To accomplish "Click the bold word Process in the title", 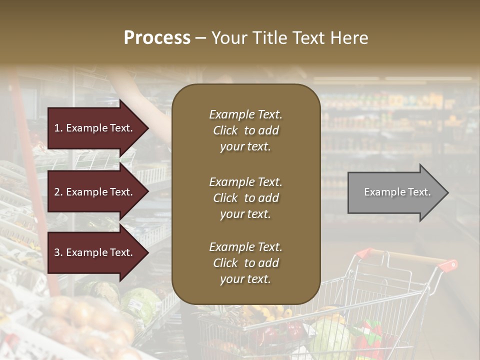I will pyautogui.click(x=157, y=38).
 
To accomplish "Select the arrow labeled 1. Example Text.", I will pyautogui.click(x=97, y=128).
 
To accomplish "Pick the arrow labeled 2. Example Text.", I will pyautogui.click(x=97, y=192).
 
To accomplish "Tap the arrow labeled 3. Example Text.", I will pyautogui.click(x=97, y=252).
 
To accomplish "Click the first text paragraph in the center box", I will pyautogui.click(x=245, y=130).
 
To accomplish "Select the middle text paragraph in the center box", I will pyautogui.click(x=245, y=198).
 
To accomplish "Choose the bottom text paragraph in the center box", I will pyautogui.click(x=245, y=263).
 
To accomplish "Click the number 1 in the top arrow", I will pyautogui.click(x=57, y=128).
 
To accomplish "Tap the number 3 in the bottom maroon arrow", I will pyautogui.click(x=57, y=252).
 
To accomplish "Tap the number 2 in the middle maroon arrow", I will pyautogui.click(x=57, y=192).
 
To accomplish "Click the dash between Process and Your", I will pyautogui.click(x=200, y=38).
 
